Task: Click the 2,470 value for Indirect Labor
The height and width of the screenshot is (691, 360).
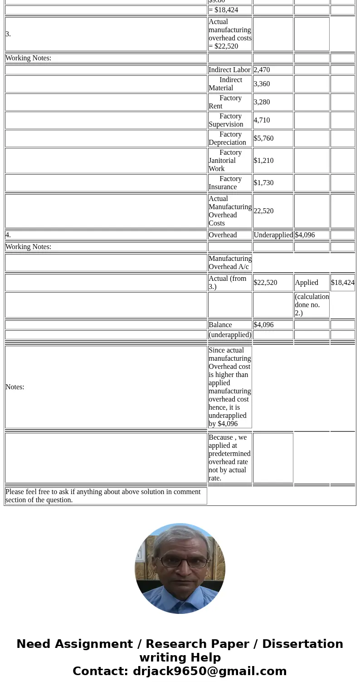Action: (x=262, y=70)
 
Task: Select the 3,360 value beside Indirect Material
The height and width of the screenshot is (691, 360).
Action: (x=262, y=84)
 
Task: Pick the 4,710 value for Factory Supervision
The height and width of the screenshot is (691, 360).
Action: (x=262, y=120)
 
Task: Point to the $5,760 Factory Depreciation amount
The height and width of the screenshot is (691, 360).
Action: (x=263, y=138)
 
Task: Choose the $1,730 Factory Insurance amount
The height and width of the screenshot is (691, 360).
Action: (x=263, y=183)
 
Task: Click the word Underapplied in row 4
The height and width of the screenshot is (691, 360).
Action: (x=273, y=235)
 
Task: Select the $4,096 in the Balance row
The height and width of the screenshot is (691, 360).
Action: (x=263, y=325)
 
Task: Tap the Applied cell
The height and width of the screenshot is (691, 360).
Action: (x=306, y=283)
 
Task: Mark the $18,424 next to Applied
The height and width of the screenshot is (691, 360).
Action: (x=342, y=283)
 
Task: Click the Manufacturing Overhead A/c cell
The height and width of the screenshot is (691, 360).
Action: (x=230, y=263)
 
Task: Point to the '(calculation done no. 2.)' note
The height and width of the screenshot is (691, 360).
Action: (x=311, y=305)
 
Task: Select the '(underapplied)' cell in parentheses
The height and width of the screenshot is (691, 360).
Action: (x=230, y=335)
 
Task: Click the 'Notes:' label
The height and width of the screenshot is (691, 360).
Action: (x=15, y=387)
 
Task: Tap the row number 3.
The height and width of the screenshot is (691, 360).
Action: (x=8, y=34)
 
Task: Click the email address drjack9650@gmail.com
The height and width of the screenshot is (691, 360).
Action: (x=209, y=671)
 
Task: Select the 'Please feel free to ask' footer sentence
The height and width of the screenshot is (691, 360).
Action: (x=103, y=496)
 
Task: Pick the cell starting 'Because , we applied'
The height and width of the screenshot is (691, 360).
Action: (x=229, y=458)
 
